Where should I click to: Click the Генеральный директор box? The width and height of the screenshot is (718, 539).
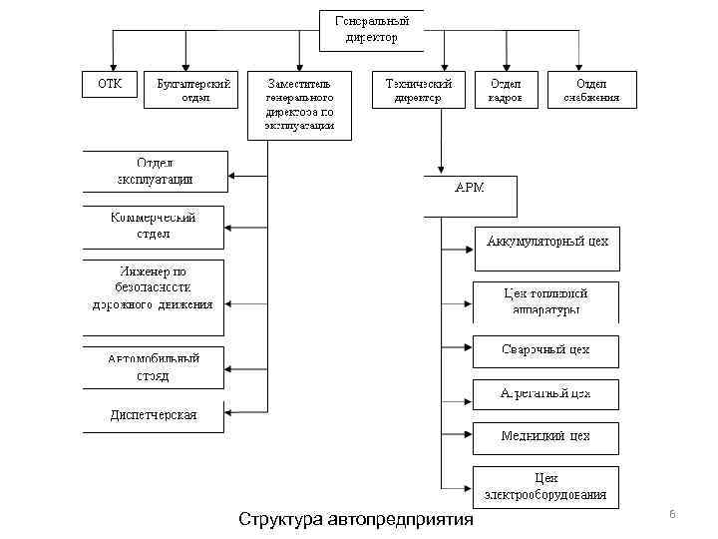[x=371, y=30]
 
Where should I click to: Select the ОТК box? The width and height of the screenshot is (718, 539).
[x=110, y=85]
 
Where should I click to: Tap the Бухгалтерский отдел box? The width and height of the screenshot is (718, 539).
[x=193, y=90]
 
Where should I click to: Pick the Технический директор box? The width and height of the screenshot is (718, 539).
[x=419, y=90]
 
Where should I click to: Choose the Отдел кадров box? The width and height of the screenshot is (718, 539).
[x=506, y=90]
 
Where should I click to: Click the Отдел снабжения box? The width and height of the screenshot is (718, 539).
[x=591, y=90]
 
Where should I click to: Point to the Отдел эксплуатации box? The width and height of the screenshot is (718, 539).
[x=156, y=172]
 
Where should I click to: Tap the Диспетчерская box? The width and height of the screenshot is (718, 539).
[x=154, y=416]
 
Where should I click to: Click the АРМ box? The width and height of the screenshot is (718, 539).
[x=470, y=196]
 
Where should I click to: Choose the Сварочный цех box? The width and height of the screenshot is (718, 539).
[x=545, y=351]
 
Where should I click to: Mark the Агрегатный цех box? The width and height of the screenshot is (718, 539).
[x=545, y=394]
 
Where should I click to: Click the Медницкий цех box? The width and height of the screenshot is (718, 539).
[x=545, y=437]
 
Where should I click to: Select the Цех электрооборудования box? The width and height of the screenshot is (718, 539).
[x=545, y=486]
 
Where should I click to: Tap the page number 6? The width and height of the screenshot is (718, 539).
[x=672, y=513]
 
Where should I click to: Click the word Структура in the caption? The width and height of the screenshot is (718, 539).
[x=280, y=520]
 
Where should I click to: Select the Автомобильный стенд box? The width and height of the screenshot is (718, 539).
[x=154, y=367]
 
